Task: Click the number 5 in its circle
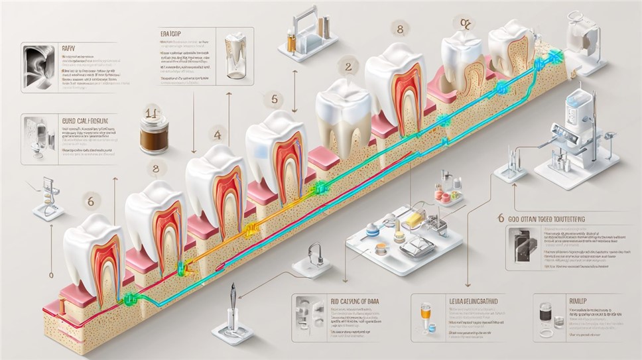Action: coord(269,100)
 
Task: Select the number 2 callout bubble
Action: coord(348,66)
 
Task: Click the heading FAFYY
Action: coord(68,48)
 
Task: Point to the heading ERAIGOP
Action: coord(171,32)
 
